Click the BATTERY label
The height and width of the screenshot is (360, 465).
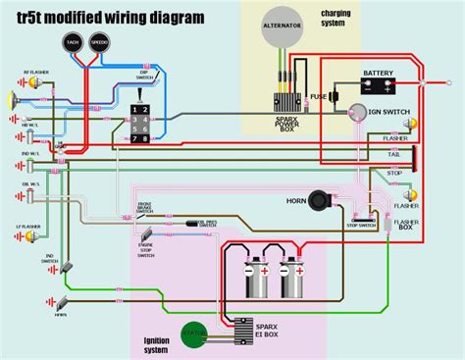click(x=379, y=73)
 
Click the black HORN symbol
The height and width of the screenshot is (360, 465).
click(x=319, y=200)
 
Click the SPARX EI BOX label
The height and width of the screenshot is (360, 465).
click(x=268, y=330)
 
